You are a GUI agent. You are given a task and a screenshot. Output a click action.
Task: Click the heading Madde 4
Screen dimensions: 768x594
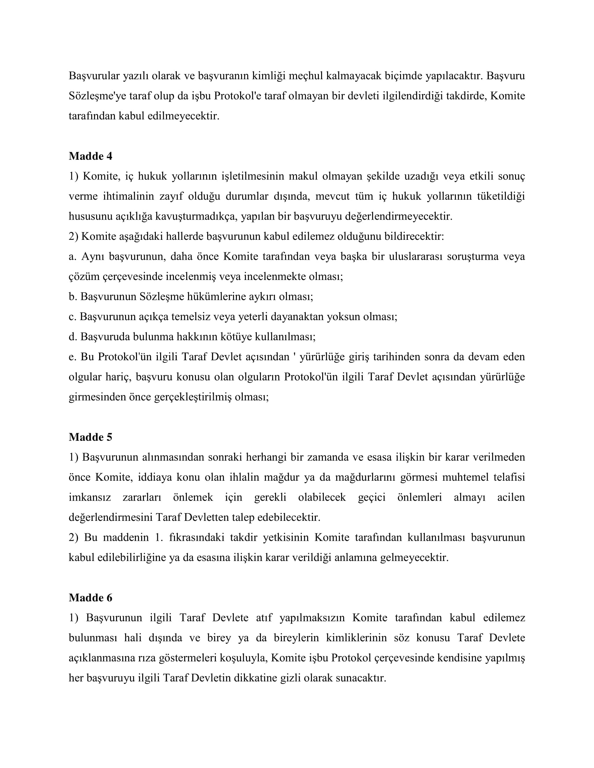pos(90,156)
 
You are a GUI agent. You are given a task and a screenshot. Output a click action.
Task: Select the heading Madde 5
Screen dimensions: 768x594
pos(90,437)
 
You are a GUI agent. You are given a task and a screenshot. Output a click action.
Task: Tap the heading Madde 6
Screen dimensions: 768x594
pos(90,597)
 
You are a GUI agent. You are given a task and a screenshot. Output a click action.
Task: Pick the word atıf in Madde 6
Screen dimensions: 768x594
pos(264,618)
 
